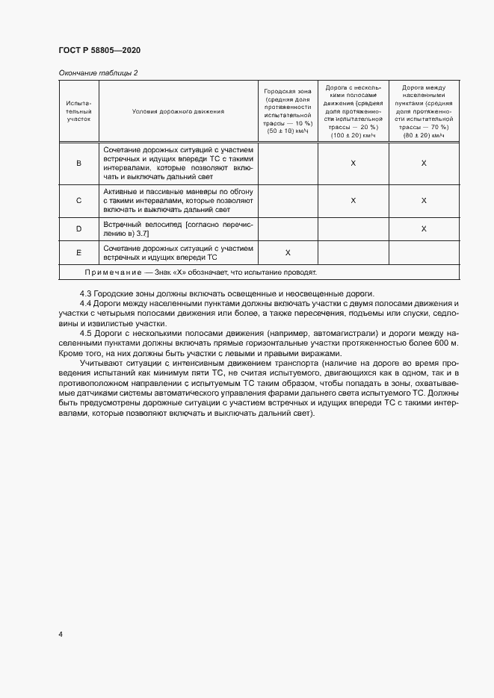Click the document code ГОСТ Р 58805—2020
99,50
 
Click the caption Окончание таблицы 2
98,72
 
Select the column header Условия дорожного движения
178,111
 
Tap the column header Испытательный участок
78,111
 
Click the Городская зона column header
287,111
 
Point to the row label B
78,163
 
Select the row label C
78,201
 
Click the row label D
78,229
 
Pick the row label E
78,252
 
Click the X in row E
287,252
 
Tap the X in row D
424,229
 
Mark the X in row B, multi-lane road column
353,163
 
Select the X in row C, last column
424,201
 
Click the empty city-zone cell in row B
287,163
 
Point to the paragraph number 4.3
86,292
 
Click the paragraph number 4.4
86,303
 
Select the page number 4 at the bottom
61,635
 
